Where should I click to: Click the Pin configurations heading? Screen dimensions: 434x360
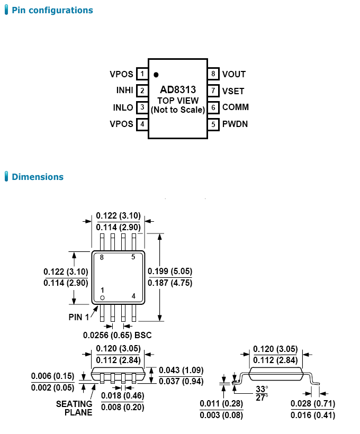52,10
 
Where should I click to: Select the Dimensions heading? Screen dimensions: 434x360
37,177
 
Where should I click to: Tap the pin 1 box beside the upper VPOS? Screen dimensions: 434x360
142,74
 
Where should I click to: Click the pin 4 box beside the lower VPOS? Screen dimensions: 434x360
142,124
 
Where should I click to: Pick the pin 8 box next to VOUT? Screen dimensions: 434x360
213,74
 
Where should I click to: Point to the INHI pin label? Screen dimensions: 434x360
124,91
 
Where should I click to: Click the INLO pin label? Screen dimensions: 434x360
123,107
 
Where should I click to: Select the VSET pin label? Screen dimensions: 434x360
233,91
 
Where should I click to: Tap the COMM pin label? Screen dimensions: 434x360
236,107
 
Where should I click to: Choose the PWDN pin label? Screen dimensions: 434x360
235,124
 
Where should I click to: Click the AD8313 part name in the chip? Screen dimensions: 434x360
178,90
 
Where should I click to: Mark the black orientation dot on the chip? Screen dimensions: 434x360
156,75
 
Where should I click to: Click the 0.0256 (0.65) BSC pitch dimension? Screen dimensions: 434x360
117,335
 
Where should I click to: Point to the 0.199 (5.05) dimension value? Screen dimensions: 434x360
170,272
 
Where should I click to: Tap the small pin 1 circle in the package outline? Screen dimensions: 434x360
103,298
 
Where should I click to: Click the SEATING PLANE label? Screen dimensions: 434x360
74,408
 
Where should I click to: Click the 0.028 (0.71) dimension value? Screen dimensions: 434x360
313,404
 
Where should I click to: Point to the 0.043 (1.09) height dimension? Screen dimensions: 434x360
181,370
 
